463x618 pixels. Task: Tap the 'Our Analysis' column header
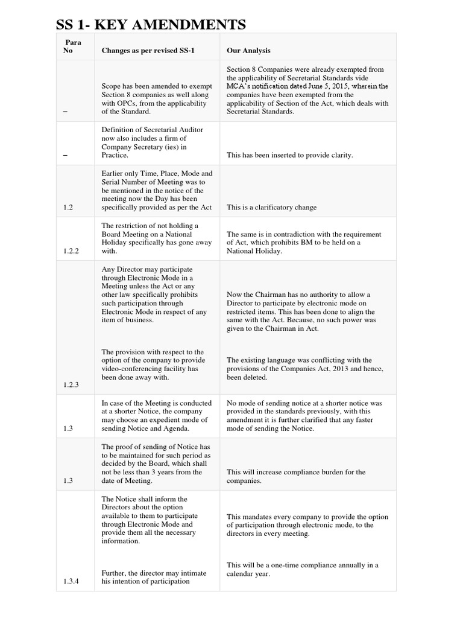click(x=249, y=51)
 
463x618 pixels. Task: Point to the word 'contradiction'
click(x=286, y=234)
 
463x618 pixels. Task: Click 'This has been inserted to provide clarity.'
click(x=289, y=155)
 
